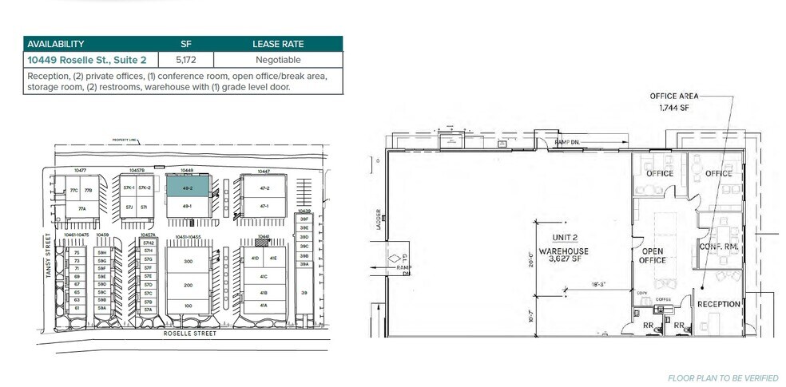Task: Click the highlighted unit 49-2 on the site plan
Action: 188,187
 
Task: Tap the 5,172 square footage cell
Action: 186,60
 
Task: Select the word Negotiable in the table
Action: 278,60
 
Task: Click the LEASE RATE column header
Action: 278,44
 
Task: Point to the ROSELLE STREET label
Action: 189,334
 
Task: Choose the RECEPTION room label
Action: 718,304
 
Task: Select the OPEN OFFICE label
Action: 653,255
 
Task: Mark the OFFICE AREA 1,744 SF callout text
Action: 673,101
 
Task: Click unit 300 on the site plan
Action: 189,262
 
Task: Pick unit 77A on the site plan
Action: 82,208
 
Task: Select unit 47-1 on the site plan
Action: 263,205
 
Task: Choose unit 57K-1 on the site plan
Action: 128,188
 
